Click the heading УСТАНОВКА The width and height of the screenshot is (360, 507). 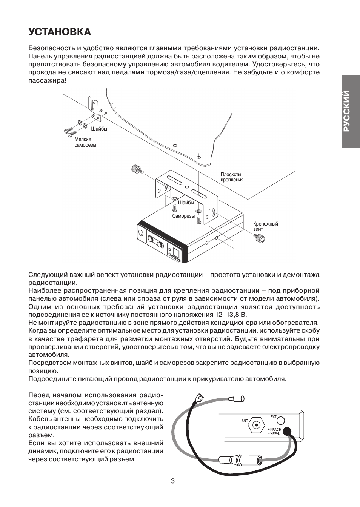[x=60, y=32]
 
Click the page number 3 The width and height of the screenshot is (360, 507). [x=173, y=481]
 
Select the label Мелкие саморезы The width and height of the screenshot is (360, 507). [x=85, y=142]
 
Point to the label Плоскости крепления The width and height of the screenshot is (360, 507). [x=232, y=177]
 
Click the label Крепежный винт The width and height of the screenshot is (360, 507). [x=265, y=226]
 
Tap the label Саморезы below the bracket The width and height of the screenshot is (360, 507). [x=183, y=216]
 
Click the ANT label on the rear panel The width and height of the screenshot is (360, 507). [x=245, y=421]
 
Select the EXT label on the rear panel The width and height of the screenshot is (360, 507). [x=273, y=417]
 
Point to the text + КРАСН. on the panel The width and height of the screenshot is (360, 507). [x=275, y=430]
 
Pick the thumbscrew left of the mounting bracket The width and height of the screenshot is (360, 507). [x=136, y=169]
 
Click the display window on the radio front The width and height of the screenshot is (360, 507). [x=176, y=252]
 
